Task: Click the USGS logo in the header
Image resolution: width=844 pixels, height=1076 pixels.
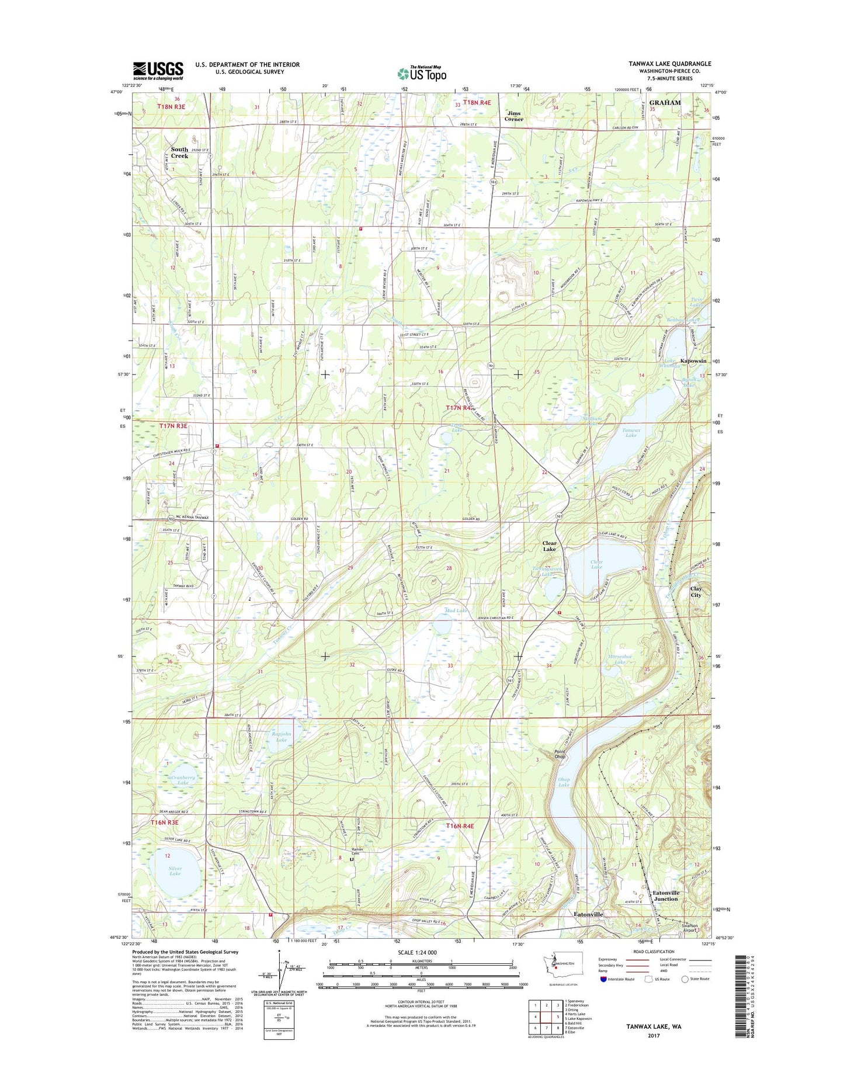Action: click(x=158, y=71)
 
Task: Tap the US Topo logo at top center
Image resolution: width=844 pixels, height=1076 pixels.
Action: click(x=422, y=73)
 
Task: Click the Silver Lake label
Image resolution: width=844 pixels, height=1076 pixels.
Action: click(x=175, y=870)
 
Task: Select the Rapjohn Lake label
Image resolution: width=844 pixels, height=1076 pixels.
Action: click(x=281, y=737)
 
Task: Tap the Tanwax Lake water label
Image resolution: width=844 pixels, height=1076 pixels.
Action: click(x=631, y=432)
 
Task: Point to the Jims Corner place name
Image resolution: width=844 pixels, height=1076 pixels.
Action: click(x=514, y=116)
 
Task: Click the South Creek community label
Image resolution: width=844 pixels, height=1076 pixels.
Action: click(x=179, y=152)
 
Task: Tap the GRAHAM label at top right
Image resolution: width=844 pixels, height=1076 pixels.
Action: click(x=665, y=103)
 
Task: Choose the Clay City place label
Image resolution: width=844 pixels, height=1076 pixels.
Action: click(x=696, y=592)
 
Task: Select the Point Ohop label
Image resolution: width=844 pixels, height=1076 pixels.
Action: click(x=560, y=754)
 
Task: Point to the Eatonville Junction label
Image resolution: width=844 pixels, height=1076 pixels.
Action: click(x=666, y=895)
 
